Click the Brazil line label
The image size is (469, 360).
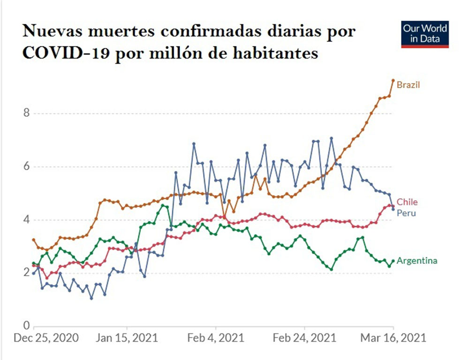click(x=408, y=85)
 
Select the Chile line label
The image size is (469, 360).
click(x=407, y=202)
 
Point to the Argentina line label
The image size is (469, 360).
click(x=417, y=261)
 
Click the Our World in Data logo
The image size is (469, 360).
click(x=425, y=34)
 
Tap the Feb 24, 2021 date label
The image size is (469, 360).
click(x=304, y=338)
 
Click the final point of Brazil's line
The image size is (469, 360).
click(x=393, y=81)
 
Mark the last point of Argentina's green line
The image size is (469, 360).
click(x=393, y=261)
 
